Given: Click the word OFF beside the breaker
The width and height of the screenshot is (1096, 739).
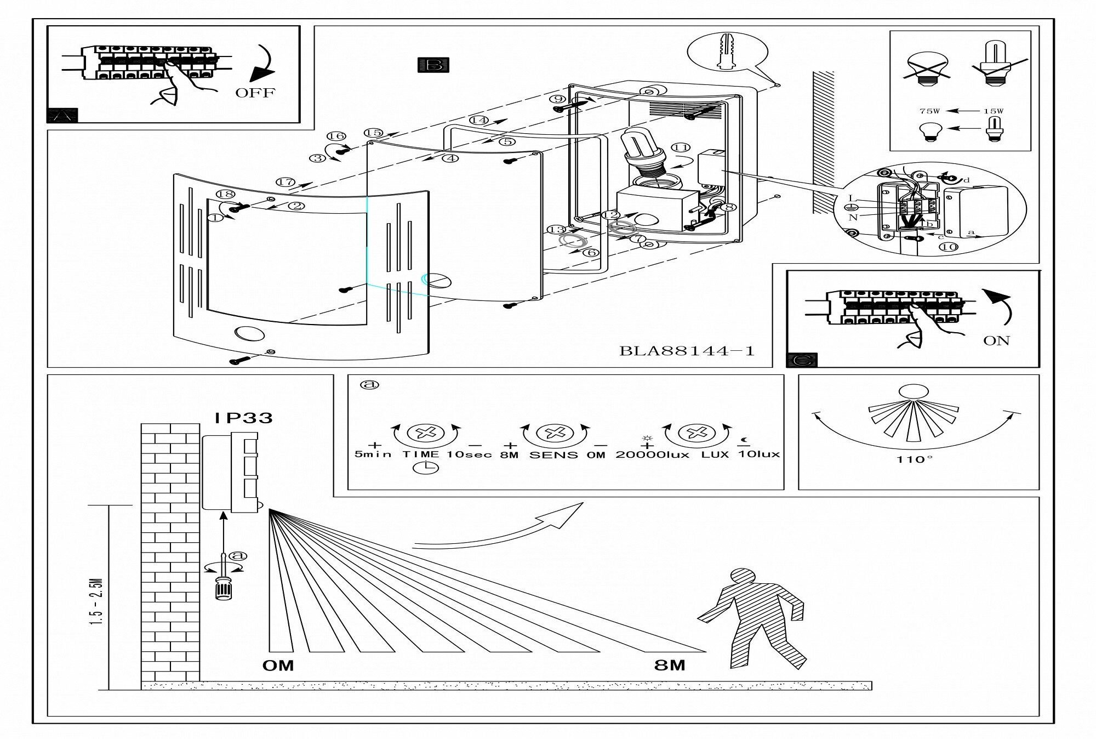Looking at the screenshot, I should click(255, 93).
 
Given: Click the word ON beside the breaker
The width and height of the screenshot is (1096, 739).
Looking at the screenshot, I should click(996, 341).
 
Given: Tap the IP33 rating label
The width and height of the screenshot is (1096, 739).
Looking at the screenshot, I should click(243, 418).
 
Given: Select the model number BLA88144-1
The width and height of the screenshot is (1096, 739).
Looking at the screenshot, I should click(687, 351).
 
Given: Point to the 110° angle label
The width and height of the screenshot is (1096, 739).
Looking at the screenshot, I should click(914, 459).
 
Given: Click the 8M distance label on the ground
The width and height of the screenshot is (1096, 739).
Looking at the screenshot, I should click(670, 665).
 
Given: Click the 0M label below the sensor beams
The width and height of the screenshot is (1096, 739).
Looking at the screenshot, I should click(278, 666).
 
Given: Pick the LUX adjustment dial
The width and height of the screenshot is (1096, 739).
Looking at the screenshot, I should click(697, 433).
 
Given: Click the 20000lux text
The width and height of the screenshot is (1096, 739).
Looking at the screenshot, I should click(652, 455).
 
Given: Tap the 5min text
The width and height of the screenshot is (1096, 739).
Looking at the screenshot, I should click(373, 454).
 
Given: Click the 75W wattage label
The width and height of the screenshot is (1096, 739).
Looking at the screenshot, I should click(929, 111).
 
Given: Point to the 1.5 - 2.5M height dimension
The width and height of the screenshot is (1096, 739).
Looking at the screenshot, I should click(98, 602).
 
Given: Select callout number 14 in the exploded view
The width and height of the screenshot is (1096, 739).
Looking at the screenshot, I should click(478, 120).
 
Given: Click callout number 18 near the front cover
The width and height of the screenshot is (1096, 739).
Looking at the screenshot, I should click(225, 194).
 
